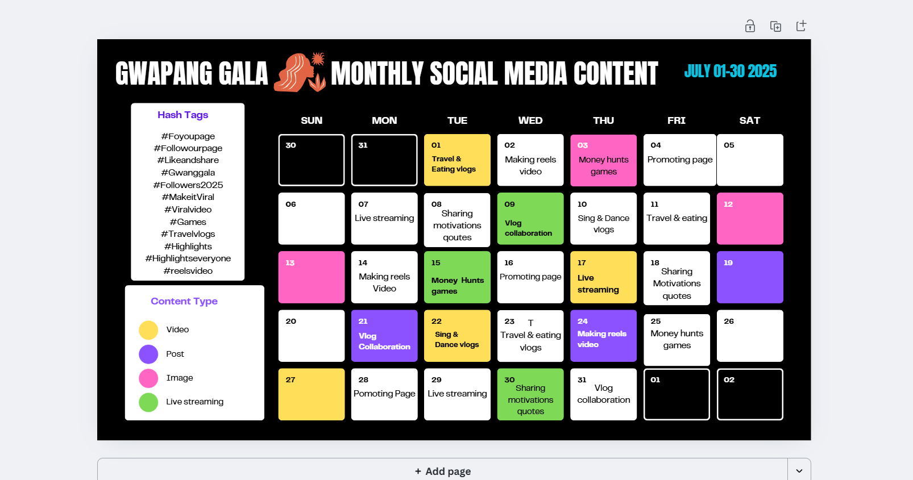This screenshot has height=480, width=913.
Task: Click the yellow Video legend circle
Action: click(148, 330)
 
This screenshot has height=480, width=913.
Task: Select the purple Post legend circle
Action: click(148, 354)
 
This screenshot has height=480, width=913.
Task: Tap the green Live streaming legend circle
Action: click(148, 402)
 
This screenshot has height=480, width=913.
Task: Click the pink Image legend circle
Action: click(148, 378)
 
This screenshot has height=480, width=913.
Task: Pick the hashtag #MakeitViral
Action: click(188, 197)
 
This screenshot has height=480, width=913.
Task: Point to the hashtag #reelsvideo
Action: click(188, 271)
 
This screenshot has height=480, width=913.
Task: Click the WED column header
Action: click(530, 120)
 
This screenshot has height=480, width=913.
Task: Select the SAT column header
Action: click(749, 120)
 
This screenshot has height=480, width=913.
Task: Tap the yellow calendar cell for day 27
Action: click(312, 394)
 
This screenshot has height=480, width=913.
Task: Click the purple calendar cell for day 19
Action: click(750, 277)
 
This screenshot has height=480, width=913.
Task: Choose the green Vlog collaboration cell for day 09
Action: click(530, 219)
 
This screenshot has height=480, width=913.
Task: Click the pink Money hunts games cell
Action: click(603, 160)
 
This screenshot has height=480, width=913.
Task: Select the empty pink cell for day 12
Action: click(750, 219)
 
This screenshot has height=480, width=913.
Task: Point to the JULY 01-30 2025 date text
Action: click(731, 71)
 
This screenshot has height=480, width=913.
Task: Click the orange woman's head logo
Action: click(300, 72)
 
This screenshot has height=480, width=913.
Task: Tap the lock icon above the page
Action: click(750, 26)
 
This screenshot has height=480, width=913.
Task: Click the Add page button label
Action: click(443, 471)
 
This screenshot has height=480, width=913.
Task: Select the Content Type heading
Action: click(184, 301)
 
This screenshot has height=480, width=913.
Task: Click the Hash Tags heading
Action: click(183, 115)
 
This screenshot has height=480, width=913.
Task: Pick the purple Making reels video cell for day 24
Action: click(603, 336)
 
